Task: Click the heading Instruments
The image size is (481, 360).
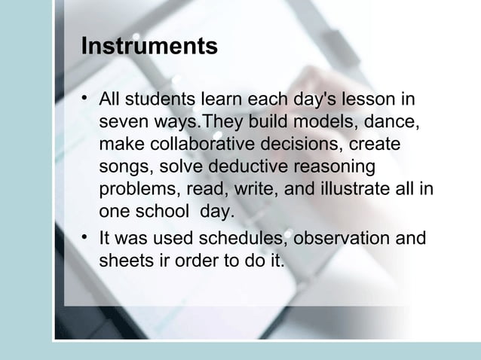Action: point(149,47)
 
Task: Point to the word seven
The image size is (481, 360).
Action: point(121,122)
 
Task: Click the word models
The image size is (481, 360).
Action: point(330,122)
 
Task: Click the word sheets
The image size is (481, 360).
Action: point(122,261)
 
